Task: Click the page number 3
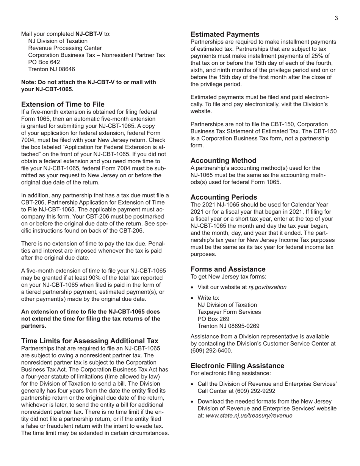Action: tap(336, 18)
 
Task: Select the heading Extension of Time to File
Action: tap(63, 104)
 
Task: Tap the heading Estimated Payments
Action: tap(225, 34)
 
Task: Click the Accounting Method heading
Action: tap(223, 160)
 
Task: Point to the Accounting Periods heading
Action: tap(224, 197)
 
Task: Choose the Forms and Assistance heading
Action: tap(228, 269)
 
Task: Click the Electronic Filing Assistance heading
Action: tap(237, 366)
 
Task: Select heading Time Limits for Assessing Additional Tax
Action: tap(90, 341)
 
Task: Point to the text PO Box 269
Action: tap(213, 319)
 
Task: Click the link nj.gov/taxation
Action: tap(267, 287)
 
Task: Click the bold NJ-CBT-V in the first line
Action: tap(89, 34)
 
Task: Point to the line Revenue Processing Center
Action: tap(65, 48)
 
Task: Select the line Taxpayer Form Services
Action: tap(229, 312)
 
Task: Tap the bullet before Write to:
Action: tap(193, 298)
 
